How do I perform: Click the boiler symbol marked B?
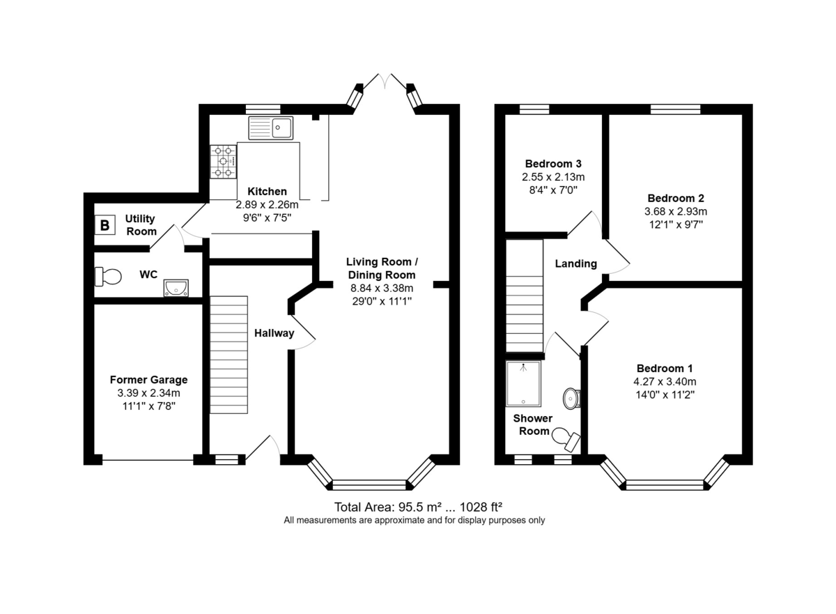tap(105, 225)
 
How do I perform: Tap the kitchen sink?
tap(270, 128)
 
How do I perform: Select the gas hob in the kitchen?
tap(223, 162)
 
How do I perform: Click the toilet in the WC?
tap(108, 277)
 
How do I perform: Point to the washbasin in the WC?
tap(176, 288)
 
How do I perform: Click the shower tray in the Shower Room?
tap(523, 383)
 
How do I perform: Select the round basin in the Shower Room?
tap(571, 399)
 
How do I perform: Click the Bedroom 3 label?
tap(553, 164)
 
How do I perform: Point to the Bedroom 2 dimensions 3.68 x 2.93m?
tap(676, 211)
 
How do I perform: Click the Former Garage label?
tap(148, 380)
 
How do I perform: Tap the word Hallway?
tap(274, 333)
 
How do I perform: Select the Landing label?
tap(576, 263)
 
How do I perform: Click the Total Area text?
tap(418, 507)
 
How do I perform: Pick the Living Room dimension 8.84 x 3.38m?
tap(382, 288)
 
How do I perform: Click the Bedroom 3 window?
tap(534, 109)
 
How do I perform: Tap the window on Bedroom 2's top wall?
tap(676, 109)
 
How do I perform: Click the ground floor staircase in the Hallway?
tap(229, 355)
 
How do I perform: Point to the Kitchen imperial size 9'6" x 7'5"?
tap(267, 217)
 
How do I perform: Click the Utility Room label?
tap(140, 224)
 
